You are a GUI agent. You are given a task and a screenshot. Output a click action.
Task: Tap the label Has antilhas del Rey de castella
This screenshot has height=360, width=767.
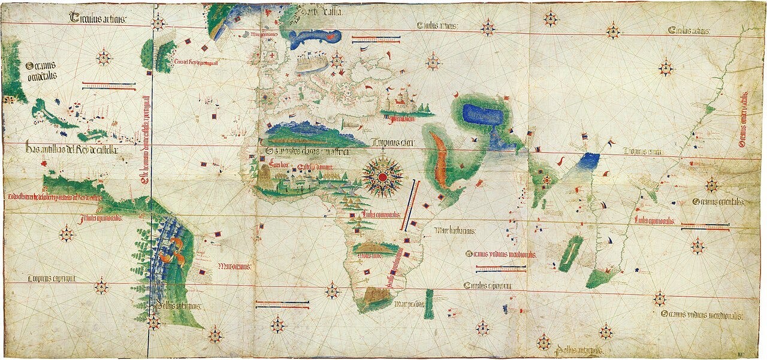pyautogui.click(x=72, y=149)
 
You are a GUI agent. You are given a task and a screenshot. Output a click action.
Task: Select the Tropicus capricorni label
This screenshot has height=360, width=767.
pyautogui.click(x=52, y=279)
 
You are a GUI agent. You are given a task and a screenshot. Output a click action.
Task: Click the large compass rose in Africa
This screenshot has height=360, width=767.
pyautogui.click(x=382, y=176)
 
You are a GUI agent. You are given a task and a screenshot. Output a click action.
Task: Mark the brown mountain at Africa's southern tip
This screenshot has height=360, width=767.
pyautogui.click(x=376, y=295)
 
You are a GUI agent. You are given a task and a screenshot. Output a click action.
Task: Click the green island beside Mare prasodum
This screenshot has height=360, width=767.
pyautogui.click(x=428, y=304)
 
